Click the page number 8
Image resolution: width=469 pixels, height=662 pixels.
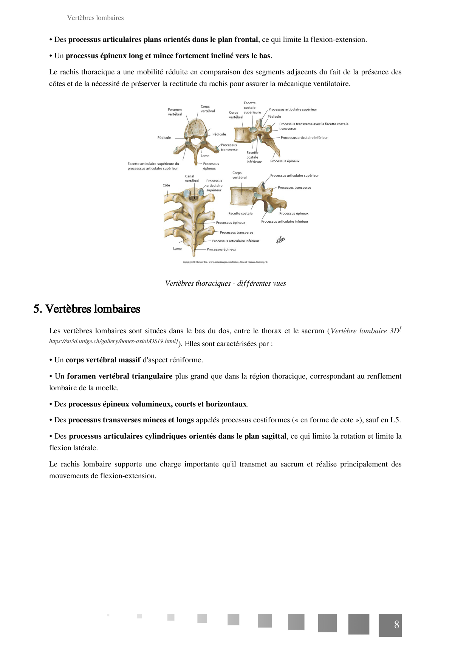pos(396,625)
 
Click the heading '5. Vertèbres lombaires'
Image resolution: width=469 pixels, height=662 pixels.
pos(87,309)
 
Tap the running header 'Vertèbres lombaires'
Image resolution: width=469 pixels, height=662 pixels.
pos(95,18)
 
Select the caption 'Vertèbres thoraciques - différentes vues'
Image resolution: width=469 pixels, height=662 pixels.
pos(226,283)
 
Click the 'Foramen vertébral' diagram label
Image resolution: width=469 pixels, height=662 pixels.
pos(175,112)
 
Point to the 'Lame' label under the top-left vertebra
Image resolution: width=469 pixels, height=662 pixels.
pos(205,156)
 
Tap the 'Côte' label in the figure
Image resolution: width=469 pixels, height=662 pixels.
pos(166,185)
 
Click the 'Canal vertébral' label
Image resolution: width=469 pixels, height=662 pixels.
pos(192,179)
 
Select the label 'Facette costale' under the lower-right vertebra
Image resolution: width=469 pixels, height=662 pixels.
pos(240,214)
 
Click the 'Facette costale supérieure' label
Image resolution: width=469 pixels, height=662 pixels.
pos(252,108)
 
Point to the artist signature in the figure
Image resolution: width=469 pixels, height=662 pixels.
pos(280,240)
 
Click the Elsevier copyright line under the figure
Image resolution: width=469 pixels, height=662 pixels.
pos(225,262)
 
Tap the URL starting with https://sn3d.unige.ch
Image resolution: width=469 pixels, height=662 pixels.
pos(113,341)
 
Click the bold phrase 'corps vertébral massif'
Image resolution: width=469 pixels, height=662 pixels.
pos(103,360)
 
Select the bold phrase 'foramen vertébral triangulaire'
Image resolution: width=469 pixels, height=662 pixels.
pos(119,376)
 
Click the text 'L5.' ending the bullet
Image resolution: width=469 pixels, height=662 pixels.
pos(395,420)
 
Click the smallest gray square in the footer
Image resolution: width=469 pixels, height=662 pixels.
pos(108,615)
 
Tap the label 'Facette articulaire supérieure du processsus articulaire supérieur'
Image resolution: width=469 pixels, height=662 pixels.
pos(153,166)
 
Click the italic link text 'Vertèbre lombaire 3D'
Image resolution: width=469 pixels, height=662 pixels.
pos(365,331)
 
